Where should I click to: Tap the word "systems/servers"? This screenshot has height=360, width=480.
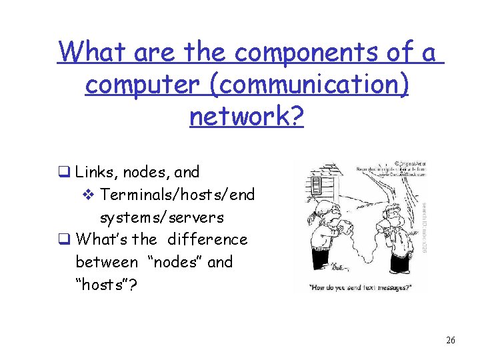162,217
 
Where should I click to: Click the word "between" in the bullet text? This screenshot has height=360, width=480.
107,262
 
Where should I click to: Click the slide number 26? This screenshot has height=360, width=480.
450,341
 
